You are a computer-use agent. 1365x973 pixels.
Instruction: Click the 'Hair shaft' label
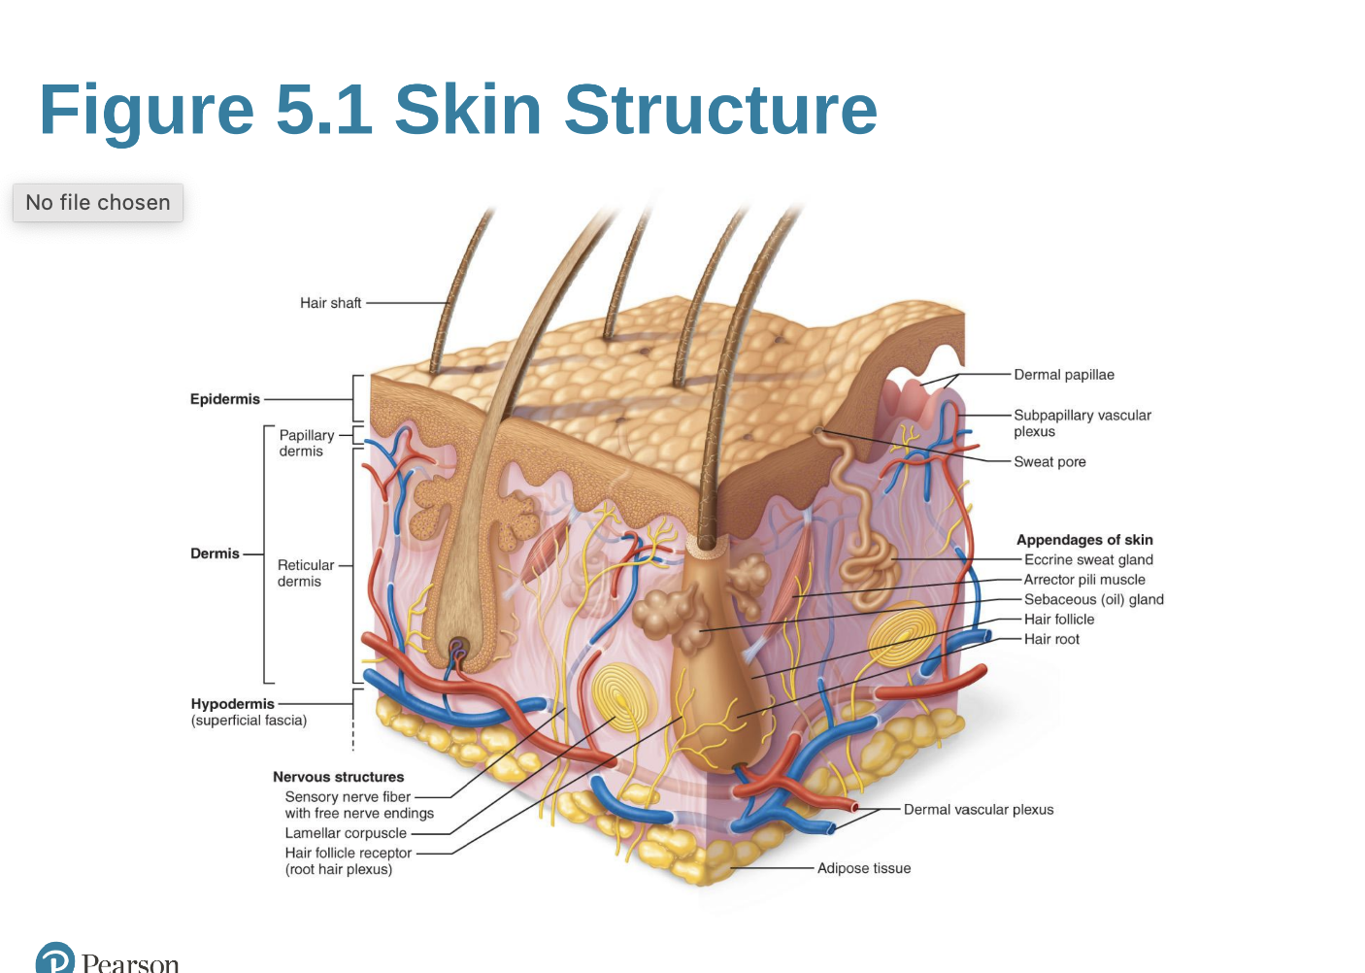pos(330,303)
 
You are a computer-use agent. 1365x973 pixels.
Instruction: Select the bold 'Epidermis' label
pos(225,399)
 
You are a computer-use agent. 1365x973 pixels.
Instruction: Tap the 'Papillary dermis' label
pos(306,443)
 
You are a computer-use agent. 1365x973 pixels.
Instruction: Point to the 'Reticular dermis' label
pos(305,573)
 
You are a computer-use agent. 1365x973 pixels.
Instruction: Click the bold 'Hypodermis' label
pos(233,704)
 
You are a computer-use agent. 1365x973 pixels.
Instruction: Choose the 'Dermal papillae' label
pos(1063,375)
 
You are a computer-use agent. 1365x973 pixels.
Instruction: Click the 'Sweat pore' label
pos(1049,462)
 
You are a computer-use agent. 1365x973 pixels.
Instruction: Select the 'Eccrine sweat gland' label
pos(1088,560)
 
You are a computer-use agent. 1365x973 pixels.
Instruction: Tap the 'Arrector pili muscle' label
pos(1084,580)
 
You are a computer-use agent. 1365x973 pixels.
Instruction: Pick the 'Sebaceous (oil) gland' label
pos(1093,600)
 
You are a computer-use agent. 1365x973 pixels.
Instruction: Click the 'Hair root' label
pos(1051,639)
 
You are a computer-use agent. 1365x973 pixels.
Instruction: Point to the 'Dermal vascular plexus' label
pos(978,810)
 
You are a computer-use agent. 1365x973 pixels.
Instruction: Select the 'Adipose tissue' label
pos(863,868)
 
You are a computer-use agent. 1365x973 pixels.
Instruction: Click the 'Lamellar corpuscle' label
pos(346,833)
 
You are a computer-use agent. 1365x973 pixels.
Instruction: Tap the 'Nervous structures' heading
pos(338,777)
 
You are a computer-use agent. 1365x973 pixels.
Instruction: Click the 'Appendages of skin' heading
pos(1084,540)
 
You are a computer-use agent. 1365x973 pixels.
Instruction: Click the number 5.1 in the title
pos(324,109)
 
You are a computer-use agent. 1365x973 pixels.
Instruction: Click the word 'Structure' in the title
pos(720,109)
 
